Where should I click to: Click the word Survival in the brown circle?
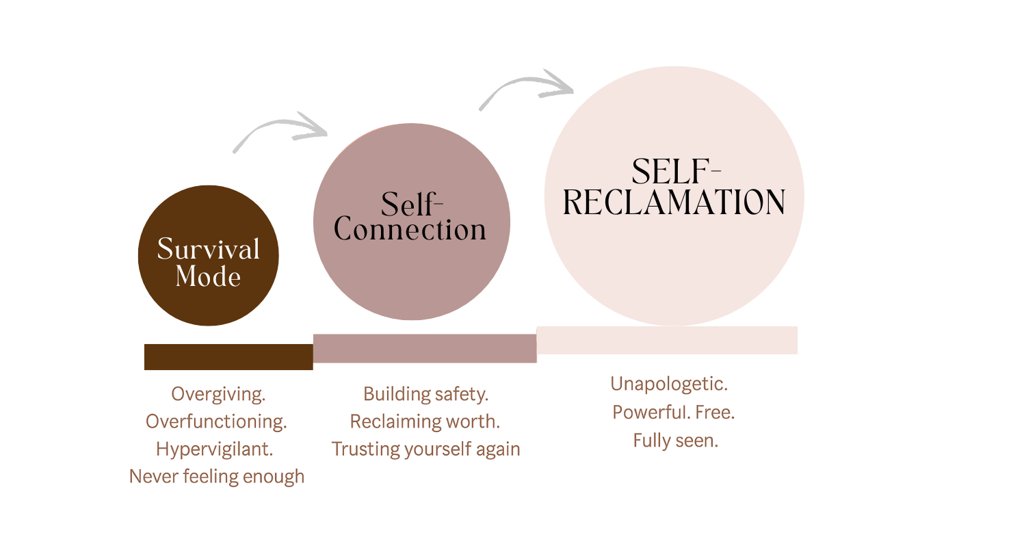[209, 249]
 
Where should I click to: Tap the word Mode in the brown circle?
[208, 276]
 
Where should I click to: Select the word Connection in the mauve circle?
[410, 230]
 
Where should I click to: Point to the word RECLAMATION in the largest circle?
[674, 202]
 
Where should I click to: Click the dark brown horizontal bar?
[228, 356]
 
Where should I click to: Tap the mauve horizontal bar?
[425, 348]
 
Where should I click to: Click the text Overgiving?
[218, 395]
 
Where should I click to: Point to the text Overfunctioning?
[216, 422]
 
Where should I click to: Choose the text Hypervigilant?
[214, 449]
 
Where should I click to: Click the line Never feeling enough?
[217, 477]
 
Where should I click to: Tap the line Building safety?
[425, 395]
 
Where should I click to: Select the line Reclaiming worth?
[424, 422]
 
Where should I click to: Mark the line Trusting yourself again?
[425, 449]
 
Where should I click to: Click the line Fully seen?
[675, 441]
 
